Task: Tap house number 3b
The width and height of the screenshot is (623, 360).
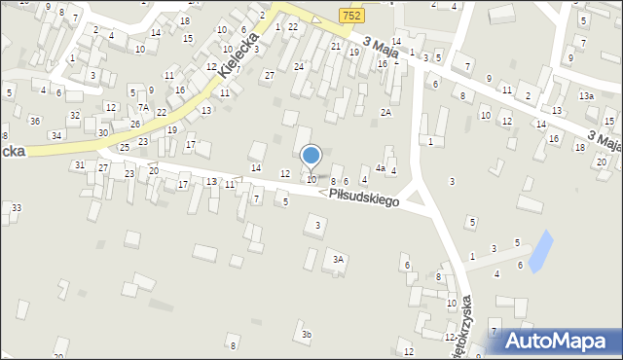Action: [x=307, y=335]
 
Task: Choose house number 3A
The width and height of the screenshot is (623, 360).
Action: [x=338, y=260]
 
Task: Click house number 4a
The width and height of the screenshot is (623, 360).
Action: [x=382, y=168]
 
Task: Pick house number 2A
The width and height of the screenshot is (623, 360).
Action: [x=386, y=113]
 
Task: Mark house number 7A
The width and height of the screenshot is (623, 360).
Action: [x=143, y=108]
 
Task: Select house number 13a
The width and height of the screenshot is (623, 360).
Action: [x=585, y=96]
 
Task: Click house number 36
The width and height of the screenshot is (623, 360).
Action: [x=35, y=121]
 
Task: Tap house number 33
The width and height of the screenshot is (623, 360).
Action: [x=17, y=207]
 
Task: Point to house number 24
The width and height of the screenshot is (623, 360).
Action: [x=299, y=66]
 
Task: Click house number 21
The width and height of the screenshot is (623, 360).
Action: [x=336, y=46]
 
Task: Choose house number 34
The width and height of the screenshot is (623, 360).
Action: [x=56, y=135]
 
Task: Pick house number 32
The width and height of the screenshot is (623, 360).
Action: [x=74, y=116]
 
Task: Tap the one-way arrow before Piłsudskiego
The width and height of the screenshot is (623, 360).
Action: [x=322, y=192]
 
